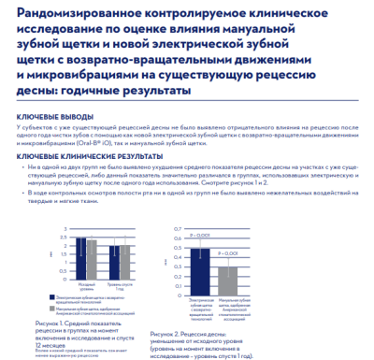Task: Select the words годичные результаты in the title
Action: click(x=137, y=92)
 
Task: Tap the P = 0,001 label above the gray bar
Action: click(x=228, y=253)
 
